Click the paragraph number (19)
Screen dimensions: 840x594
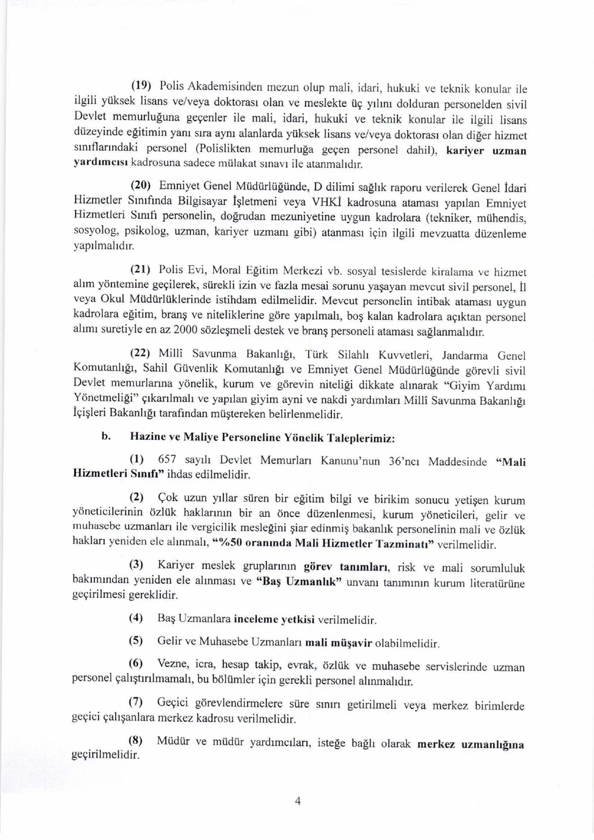141,85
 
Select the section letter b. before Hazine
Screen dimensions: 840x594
105,436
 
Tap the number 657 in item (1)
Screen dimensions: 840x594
167,460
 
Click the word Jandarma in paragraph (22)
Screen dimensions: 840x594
466,355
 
